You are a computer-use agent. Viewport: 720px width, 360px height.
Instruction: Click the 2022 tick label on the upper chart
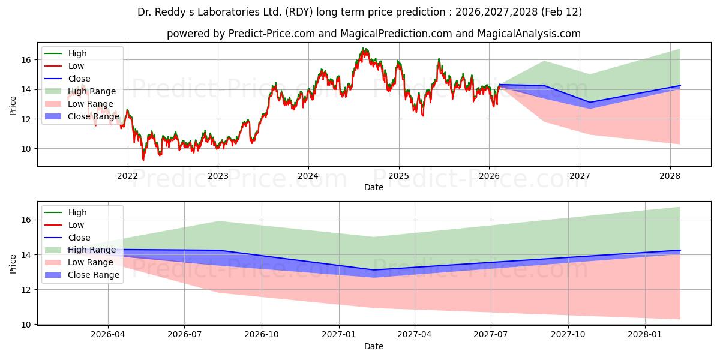point(127,176)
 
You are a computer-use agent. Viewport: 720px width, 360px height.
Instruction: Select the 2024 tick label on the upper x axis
point(308,176)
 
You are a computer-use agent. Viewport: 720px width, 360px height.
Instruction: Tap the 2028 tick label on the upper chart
point(670,176)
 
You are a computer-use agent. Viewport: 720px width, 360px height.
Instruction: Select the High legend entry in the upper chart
point(77,53)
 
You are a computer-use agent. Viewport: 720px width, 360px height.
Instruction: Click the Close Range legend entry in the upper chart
point(94,116)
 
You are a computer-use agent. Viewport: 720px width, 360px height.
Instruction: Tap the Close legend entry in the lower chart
point(79,238)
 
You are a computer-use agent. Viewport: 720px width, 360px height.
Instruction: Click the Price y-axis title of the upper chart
point(13,106)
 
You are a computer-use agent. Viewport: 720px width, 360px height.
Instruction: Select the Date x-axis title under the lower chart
point(373,346)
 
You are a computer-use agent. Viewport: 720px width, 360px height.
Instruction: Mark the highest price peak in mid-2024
point(362,49)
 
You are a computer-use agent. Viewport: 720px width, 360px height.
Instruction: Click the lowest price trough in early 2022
point(143,159)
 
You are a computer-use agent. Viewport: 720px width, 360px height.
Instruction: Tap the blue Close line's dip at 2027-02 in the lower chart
point(373,270)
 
